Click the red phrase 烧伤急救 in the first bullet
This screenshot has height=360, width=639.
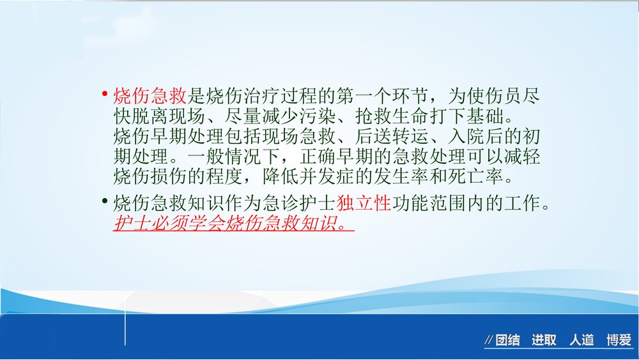150,97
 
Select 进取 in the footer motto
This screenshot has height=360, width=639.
544,340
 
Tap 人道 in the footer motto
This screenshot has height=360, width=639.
581,340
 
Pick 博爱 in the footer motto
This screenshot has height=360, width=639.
619,340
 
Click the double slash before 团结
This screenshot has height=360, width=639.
489,340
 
